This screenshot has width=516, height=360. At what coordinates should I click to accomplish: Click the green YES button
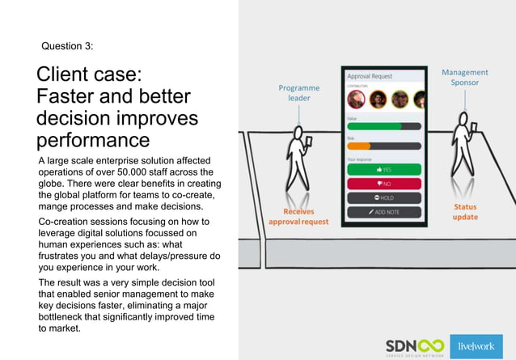click(384, 170)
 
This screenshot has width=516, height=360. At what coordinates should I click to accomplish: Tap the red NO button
click(384, 184)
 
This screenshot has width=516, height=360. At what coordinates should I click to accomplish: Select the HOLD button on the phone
click(384, 197)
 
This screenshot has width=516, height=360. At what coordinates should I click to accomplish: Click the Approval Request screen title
click(370, 76)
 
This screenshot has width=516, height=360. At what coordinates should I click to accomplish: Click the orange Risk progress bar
click(359, 146)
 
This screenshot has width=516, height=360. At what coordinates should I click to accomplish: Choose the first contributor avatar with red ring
click(356, 100)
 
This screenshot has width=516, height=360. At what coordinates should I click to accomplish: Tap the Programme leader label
click(298, 93)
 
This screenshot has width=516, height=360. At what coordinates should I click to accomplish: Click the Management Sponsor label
click(464, 78)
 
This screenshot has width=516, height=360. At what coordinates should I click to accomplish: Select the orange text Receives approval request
click(298, 216)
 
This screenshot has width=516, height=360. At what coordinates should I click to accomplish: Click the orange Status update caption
click(465, 212)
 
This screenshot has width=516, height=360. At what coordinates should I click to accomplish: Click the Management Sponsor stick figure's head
click(463, 117)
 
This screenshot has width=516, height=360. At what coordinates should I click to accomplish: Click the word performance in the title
click(87, 140)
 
